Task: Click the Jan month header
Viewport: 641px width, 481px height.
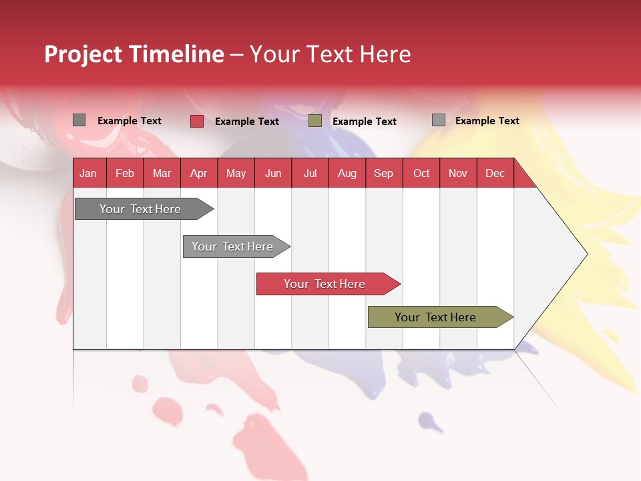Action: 88,173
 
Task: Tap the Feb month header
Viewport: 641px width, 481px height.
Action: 125,173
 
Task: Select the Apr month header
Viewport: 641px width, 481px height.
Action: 199,173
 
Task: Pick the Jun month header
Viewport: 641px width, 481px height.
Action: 273,173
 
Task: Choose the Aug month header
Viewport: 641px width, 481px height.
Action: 347,173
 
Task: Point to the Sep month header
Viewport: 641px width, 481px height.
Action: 384,173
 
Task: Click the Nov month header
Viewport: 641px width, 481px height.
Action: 458,173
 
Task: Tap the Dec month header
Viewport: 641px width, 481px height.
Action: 495,173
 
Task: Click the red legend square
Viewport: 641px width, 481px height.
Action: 197,121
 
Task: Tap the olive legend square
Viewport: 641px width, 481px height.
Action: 315,121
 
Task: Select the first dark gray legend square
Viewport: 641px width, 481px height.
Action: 79,120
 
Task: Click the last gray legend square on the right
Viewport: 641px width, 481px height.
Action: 439,120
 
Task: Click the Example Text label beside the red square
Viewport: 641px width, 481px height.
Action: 247,122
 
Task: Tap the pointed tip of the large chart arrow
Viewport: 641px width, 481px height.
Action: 586,253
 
